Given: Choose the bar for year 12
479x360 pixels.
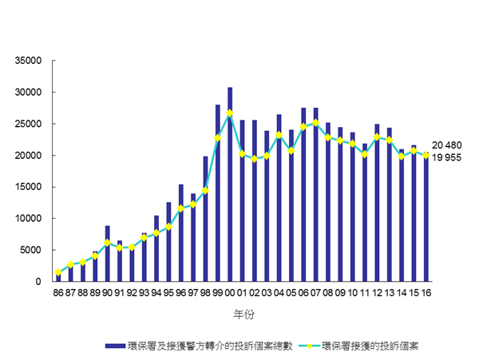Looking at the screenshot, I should [x=377, y=203].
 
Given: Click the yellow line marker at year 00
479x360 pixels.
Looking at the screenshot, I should [x=230, y=113].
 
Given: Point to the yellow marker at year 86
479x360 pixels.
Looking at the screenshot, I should [x=58, y=272].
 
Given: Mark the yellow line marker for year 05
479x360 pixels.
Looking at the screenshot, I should [x=291, y=150].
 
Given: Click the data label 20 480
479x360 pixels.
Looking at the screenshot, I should [x=448, y=144].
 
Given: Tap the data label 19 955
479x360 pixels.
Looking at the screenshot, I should [x=448, y=157].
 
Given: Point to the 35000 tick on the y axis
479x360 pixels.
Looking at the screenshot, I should [x=33, y=61].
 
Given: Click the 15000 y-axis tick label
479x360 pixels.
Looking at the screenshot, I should [x=33, y=187].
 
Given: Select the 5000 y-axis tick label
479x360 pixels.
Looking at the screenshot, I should [x=35, y=250].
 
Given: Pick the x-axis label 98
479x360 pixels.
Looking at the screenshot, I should [x=205, y=293].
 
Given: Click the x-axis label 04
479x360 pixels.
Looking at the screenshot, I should [x=279, y=293].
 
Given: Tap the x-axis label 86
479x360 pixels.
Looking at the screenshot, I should [x=58, y=293].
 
